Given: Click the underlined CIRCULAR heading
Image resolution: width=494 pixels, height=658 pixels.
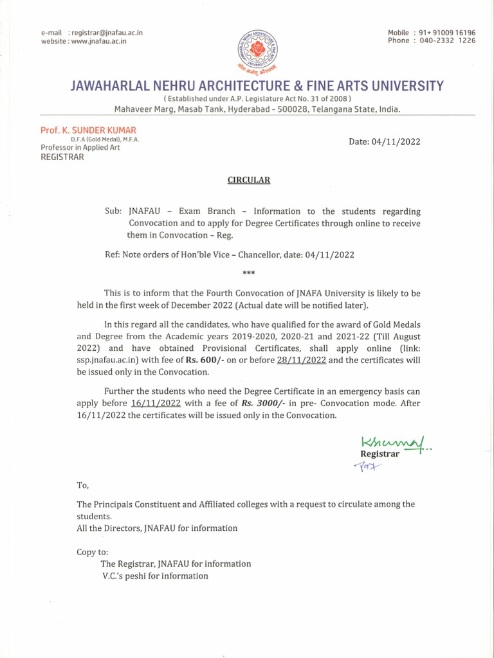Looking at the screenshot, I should (x=248, y=180).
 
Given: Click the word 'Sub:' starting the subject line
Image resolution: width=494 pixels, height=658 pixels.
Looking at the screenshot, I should (x=112, y=211).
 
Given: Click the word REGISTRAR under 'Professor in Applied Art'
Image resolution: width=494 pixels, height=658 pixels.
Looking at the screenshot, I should (x=62, y=157).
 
